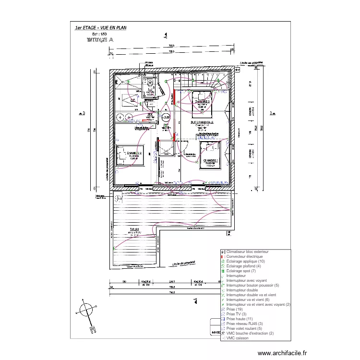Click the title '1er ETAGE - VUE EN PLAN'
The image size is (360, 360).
[x=100, y=28]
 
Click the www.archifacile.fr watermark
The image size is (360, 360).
[x=281, y=353]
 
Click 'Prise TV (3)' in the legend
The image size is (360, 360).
[x=238, y=314]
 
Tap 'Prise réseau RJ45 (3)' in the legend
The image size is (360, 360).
[x=245, y=324]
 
